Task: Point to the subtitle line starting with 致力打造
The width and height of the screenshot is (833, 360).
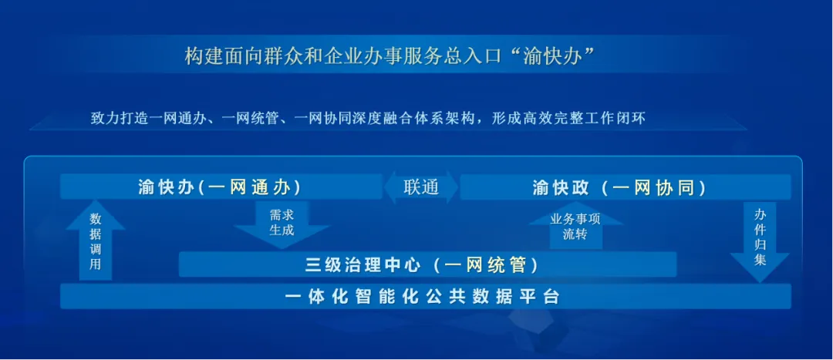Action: click(x=367, y=119)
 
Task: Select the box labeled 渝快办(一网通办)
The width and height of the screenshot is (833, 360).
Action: click(x=221, y=187)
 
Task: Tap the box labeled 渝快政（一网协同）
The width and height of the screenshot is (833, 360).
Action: click(x=625, y=187)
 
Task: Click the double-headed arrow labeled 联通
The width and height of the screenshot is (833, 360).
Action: click(x=421, y=187)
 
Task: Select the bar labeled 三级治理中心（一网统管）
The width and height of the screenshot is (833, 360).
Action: click(x=427, y=264)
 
